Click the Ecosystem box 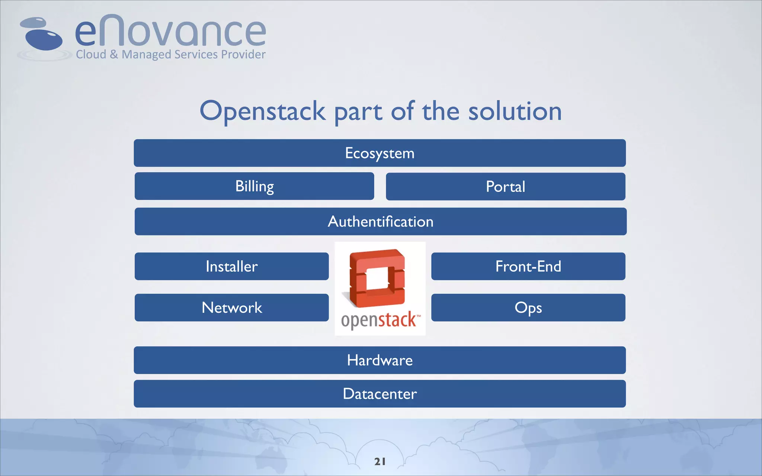[x=380, y=153]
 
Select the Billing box [x=254, y=186]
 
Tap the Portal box [x=505, y=186]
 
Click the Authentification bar [x=380, y=221]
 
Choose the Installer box [x=231, y=266]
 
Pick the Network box [x=231, y=308]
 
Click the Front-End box [x=528, y=266]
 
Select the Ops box [x=528, y=308]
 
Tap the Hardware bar [x=380, y=360]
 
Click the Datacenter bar [x=380, y=393]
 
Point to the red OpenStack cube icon [x=377, y=278]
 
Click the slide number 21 [x=380, y=461]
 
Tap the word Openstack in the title [x=263, y=112]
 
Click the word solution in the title [x=515, y=112]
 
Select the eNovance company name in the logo [x=170, y=32]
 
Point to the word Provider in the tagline [x=243, y=55]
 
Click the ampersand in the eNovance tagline [x=114, y=55]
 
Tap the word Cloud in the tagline [x=91, y=55]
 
